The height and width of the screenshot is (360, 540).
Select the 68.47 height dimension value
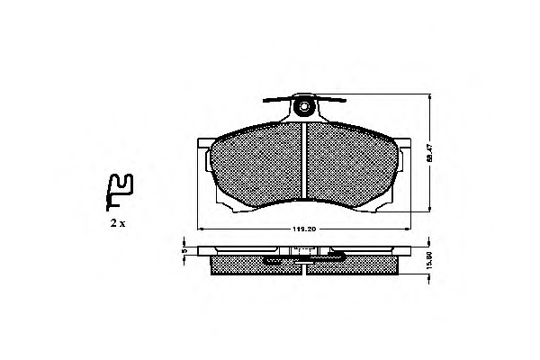[430, 153]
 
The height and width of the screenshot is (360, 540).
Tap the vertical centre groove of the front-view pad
[306, 162]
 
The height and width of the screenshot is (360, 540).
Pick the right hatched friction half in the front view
[351, 166]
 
